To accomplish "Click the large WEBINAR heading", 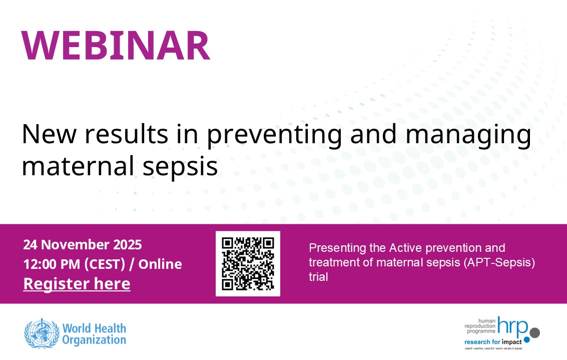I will pos(115,46).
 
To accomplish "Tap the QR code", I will pos(248,263).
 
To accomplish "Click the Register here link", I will pos(77,284).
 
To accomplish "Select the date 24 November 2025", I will pos(83,245).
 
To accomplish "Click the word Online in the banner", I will pos(160,264).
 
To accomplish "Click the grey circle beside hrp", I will pos(534,332).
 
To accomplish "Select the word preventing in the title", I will pos(274,135).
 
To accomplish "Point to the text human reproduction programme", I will pos(479,325).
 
